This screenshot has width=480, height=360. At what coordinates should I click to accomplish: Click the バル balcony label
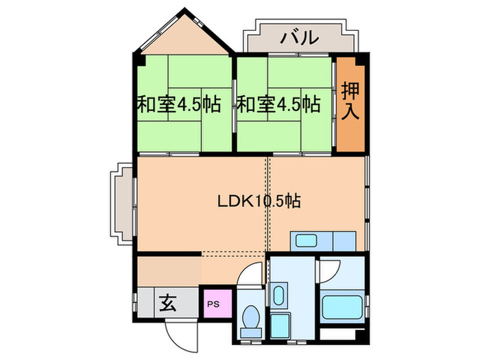click(300, 37)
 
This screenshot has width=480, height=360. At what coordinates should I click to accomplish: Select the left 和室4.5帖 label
click(178, 105)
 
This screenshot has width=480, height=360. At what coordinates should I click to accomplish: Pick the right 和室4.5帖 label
click(278, 105)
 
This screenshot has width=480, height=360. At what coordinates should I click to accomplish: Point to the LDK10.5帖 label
click(259, 202)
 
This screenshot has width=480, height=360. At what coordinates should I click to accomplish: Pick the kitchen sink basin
click(305, 240)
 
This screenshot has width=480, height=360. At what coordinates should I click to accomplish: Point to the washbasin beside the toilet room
click(278, 296)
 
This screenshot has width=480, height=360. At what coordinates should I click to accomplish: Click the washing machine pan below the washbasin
click(279, 324)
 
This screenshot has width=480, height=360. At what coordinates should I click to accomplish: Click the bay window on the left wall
click(122, 204)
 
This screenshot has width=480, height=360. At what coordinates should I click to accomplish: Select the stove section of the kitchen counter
click(344, 240)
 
